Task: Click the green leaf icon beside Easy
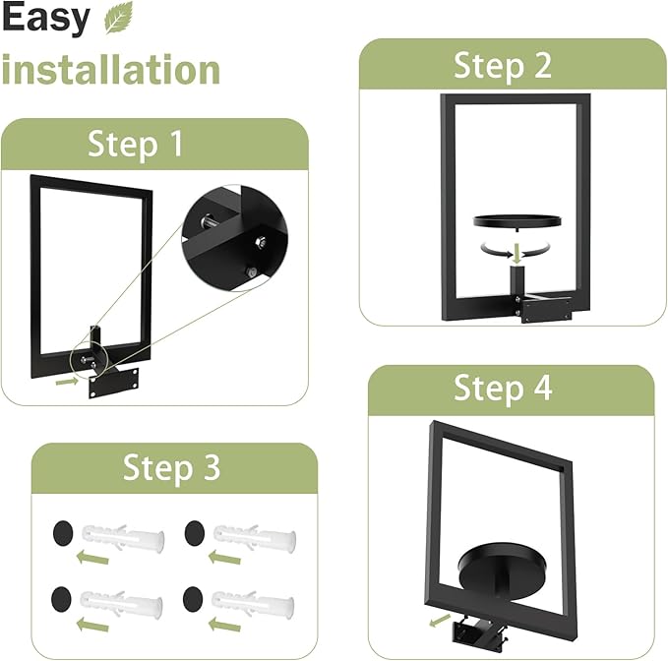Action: click(118, 18)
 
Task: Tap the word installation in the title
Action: click(110, 70)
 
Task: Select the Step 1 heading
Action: click(136, 145)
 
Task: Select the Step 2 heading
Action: click(503, 66)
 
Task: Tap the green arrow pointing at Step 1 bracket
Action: click(67, 377)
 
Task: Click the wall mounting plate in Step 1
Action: click(117, 382)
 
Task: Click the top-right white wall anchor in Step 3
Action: click(255, 536)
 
